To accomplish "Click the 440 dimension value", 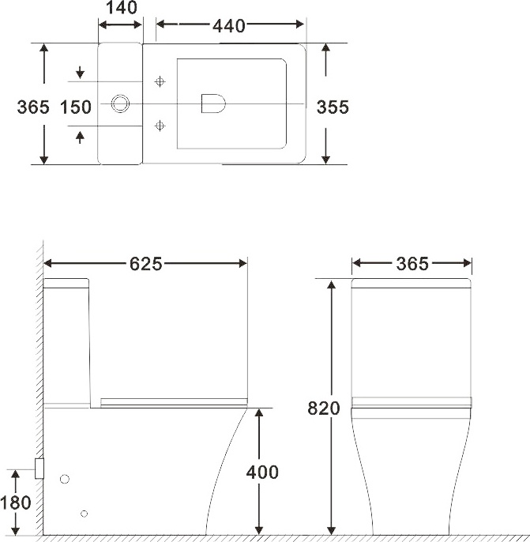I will point(228,25).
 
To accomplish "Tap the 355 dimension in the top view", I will point(333,107).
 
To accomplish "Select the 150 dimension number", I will point(76,107).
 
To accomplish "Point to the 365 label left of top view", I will point(32,107).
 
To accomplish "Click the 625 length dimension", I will point(146,264).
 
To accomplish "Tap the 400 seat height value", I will point(262,472).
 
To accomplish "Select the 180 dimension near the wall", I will point(17,502).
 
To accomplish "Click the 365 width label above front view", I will point(412,264).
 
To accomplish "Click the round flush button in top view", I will point(122,104).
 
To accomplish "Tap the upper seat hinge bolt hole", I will point(161,81).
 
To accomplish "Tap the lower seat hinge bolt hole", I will point(161,125).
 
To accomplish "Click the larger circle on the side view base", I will point(66,479).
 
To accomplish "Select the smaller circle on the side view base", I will point(85,514).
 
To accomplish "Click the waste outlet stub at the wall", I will point(38,469).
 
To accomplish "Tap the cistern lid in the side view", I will point(66,284).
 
